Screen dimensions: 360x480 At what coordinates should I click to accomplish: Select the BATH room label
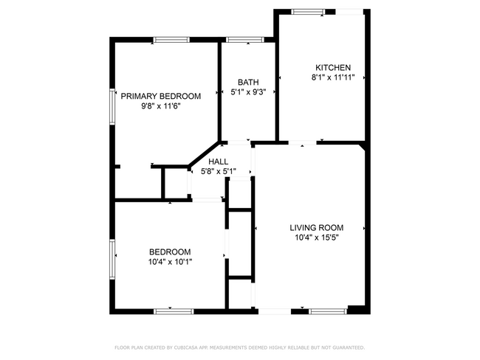[x=247, y=82]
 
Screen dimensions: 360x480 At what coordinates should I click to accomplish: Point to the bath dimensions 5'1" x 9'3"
[x=247, y=91]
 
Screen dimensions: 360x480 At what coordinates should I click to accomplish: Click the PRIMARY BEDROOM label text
[x=161, y=96]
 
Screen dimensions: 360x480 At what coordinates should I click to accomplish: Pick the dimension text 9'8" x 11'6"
[x=161, y=106]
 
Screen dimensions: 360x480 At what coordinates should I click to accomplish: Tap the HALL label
[x=218, y=162]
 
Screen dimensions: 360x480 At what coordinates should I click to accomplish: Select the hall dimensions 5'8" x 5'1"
[x=218, y=172]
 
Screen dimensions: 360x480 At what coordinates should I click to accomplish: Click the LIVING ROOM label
[x=317, y=227]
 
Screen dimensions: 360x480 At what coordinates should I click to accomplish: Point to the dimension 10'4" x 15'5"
[x=317, y=238]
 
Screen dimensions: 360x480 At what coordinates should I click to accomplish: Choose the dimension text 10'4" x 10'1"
[x=170, y=261]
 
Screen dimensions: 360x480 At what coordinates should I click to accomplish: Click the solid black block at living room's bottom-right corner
[x=357, y=310]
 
